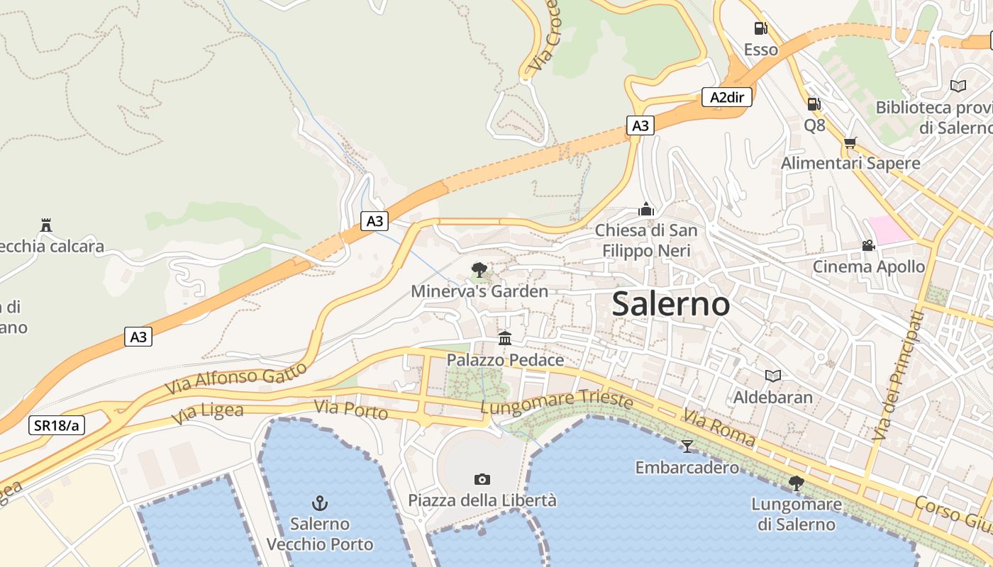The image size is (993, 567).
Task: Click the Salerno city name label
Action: point(670,304)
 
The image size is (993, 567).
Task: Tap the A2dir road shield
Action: point(727,97)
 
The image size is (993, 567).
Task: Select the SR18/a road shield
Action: point(57,425)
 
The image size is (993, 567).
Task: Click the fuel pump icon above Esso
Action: point(760,28)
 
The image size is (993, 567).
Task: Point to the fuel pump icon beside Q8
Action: point(814,104)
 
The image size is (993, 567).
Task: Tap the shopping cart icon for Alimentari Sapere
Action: point(850,142)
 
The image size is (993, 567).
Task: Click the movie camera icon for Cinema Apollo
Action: point(868,246)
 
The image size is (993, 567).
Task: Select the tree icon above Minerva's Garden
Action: point(479,270)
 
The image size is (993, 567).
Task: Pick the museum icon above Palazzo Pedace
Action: point(505,338)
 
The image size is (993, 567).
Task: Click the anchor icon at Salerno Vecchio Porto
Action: point(320,503)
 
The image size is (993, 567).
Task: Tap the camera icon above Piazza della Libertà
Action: point(482,479)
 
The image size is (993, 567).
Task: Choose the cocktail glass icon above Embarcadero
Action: point(687,447)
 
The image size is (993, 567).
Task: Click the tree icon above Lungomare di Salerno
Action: point(797,483)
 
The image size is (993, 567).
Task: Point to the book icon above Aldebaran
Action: point(773,376)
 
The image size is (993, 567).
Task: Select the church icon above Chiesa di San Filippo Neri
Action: point(646,209)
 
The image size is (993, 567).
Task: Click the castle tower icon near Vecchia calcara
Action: point(46,225)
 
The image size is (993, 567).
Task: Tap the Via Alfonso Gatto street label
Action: point(235,380)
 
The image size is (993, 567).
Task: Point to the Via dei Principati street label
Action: point(899,374)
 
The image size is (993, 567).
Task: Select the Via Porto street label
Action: point(351,409)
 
